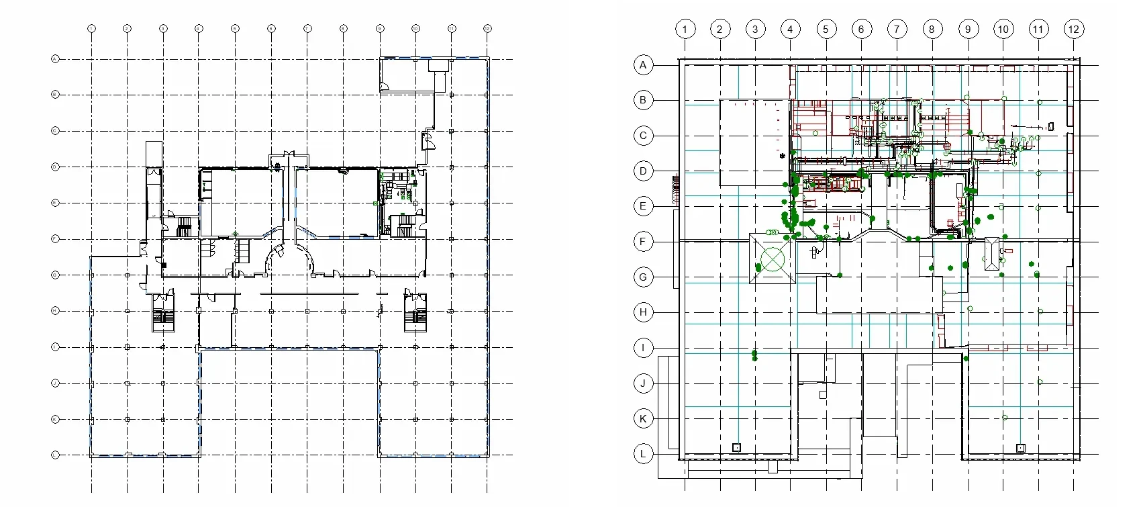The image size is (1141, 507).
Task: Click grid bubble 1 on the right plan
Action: point(685,29)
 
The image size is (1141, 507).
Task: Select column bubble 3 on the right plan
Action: point(755,29)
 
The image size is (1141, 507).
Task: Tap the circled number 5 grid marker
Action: point(826,29)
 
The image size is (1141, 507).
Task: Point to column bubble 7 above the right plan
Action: point(897,29)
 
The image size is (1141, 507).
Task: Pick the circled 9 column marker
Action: point(968,29)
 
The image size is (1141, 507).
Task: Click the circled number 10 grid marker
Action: point(1003,29)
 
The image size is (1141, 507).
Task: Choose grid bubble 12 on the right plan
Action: point(1073,29)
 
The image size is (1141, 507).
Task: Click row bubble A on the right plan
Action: point(643,65)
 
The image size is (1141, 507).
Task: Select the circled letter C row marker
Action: point(643,136)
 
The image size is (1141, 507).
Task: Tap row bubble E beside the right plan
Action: point(643,206)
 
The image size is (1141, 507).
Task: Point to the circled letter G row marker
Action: point(643,277)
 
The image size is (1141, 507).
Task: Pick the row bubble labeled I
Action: point(643,348)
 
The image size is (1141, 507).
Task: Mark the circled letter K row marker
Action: point(643,419)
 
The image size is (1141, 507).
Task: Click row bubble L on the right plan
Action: point(643,454)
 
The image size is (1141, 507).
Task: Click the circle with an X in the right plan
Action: point(773,259)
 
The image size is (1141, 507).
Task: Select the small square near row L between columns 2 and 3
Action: point(736,447)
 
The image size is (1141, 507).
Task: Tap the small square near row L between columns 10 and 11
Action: point(1020,448)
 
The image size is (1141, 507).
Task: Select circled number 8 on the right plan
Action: point(932,29)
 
